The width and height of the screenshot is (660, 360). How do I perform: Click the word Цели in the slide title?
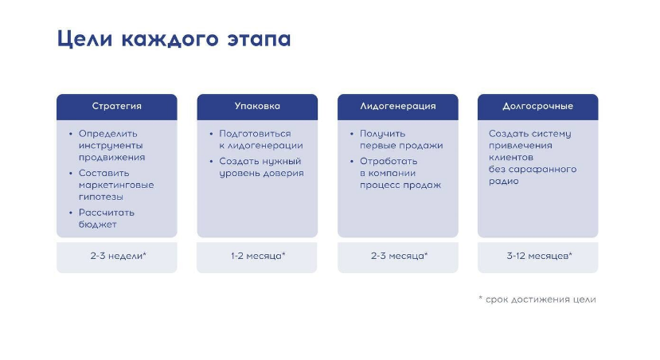point(84,39)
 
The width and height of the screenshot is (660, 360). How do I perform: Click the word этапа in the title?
point(260,39)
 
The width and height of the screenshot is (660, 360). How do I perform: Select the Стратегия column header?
point(117,106)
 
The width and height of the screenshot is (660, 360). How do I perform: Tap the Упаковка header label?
point(257,106)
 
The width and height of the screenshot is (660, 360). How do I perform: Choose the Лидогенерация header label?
point(398,106)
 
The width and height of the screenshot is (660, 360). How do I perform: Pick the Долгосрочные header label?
point(538,106)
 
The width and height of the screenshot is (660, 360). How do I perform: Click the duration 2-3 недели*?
point(119,256)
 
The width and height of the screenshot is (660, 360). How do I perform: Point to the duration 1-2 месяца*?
point(258,256)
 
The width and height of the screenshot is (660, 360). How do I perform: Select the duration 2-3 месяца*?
point(399,256)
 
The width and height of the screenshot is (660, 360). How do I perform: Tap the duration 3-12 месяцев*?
point(539,256)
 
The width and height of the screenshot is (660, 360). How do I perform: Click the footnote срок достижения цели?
point(541,299)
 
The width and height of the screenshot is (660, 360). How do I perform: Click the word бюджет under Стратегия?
point(98,225)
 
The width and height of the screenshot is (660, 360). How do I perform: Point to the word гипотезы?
point(101,197)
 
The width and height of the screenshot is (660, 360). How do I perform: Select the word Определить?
point(108,134)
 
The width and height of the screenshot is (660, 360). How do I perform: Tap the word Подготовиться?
point(255,134)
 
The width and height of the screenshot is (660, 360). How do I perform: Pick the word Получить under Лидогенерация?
point(383,134)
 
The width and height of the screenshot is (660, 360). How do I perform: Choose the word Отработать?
point(389,161)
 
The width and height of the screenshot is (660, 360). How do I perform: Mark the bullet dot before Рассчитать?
point(70,213)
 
